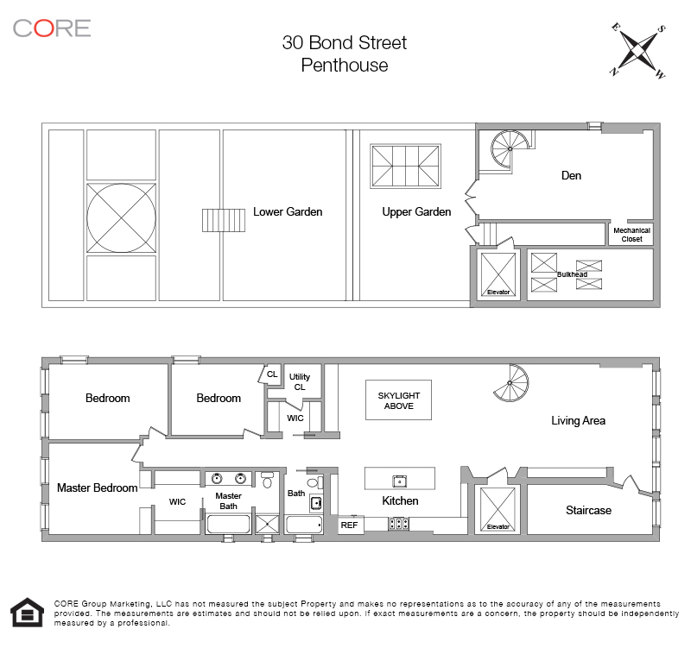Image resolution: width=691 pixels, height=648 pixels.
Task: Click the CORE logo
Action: [x=52, y=28]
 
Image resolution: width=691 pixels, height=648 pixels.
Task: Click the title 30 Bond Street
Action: [x=344, y=42]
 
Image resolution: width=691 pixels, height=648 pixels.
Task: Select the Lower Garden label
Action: [x=288, y=211]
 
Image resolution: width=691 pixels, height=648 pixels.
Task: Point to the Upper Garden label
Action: [x=416, y=211]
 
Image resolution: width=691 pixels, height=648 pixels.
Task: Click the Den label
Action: [x=571, y=175]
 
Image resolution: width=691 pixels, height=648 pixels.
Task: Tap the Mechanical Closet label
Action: [x=631, y=235]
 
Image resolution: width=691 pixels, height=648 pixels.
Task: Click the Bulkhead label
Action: [x=572, y=274]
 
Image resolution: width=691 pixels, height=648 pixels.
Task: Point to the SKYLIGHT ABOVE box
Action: [x=398, y=400]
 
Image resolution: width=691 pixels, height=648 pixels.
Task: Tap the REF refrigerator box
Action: [x=349, y=524]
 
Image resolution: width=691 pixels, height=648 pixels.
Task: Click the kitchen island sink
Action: [x=400, y=480]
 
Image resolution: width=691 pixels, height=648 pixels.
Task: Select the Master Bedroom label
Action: [x=97, y=488]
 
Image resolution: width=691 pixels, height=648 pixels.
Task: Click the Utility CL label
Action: [x=299, y=382]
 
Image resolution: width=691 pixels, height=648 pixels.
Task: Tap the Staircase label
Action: [x=588, y=510]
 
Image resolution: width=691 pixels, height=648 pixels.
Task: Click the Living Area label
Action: [x=578, y=421]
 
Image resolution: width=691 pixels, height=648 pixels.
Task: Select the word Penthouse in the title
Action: [x=344, y=65]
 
